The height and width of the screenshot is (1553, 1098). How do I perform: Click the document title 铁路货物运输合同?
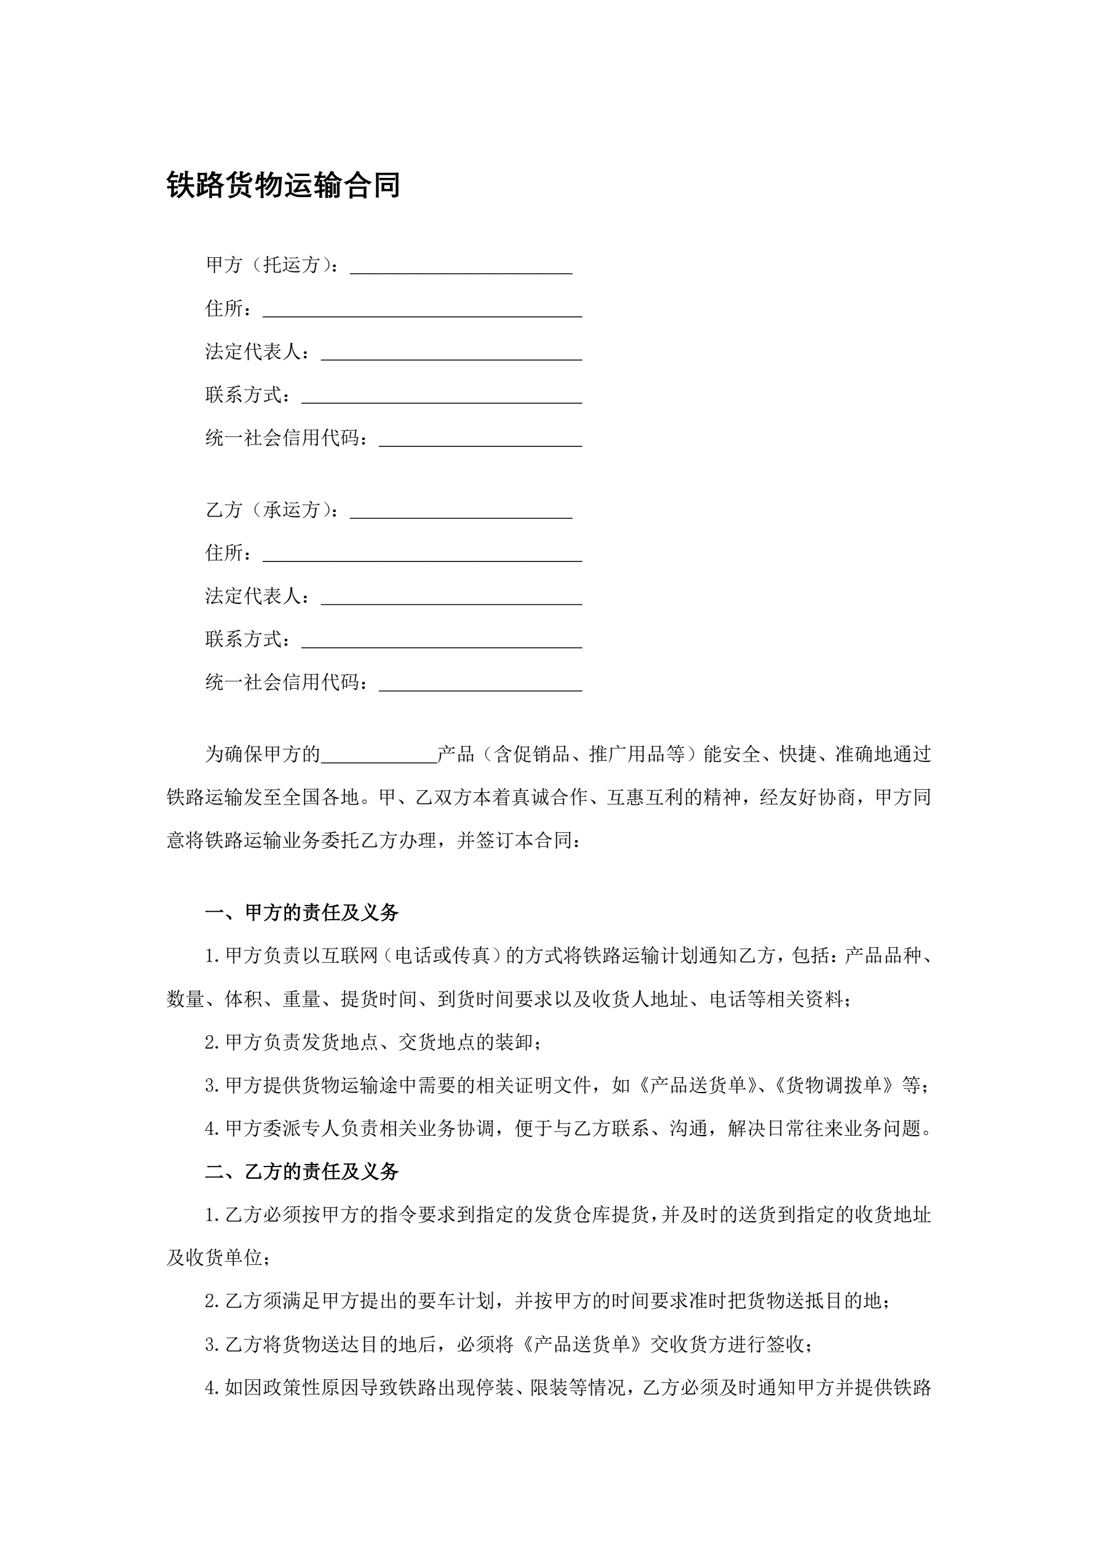point(284,185)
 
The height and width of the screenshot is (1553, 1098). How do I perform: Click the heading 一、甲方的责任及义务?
point(301,912)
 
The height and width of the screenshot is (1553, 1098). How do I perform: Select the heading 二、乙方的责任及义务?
point(301,1171)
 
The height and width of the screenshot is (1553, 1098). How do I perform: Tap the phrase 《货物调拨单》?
point(837,1085)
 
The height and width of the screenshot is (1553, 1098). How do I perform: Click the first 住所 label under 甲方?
point(225,308)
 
